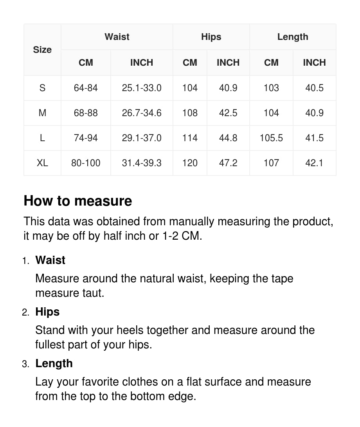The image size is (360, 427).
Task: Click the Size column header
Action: coord(42,50)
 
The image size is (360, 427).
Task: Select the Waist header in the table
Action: coord(117,37)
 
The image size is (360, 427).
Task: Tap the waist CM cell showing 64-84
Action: coord(86,88)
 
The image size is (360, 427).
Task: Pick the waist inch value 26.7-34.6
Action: coord(142,113)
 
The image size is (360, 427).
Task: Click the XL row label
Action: coord(42,163)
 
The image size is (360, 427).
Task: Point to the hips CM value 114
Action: coord(190,138)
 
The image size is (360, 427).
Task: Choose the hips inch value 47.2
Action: coord(228,163)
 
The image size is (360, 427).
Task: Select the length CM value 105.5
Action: coord(271,138)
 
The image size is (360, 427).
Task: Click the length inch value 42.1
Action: coord(314,163)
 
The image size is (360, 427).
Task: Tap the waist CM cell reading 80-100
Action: coord(86,163)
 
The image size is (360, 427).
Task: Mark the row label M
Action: coord(42,113)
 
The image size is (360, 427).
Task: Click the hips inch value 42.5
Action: coord(228,113)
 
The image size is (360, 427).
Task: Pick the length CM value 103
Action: coord(271,88)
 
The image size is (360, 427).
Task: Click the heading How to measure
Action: coord(78,201)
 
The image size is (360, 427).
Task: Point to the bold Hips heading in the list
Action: coord(47,312)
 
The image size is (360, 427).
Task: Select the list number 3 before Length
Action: coord(25,364)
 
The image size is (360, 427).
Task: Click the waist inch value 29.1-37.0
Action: coord(142,138)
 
